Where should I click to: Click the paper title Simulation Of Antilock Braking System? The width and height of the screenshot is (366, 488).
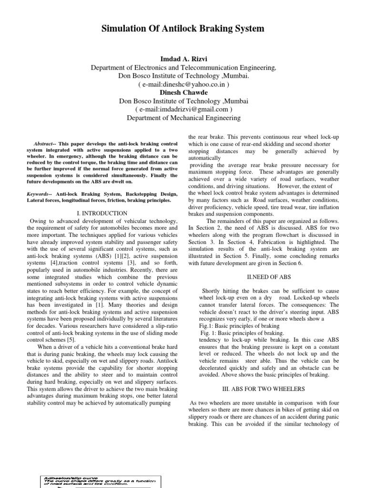click(x=183, y=29)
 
